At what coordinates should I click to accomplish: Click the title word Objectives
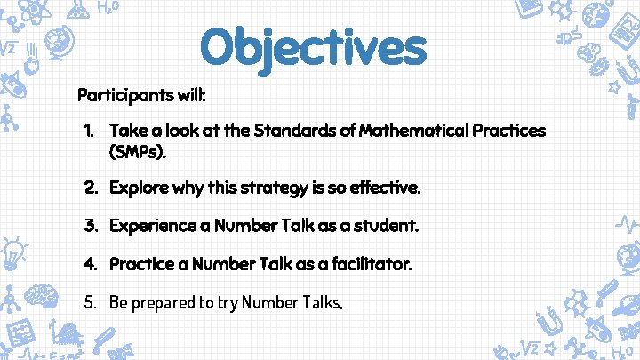click(313, 47)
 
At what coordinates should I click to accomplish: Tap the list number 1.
click(89, 132)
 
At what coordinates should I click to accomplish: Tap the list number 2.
click(90, 188)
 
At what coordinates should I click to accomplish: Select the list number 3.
click(90, 226)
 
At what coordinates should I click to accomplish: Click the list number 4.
click(90, 264)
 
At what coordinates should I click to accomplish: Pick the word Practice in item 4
click(139, 264)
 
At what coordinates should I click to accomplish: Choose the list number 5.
click(90, 302)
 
